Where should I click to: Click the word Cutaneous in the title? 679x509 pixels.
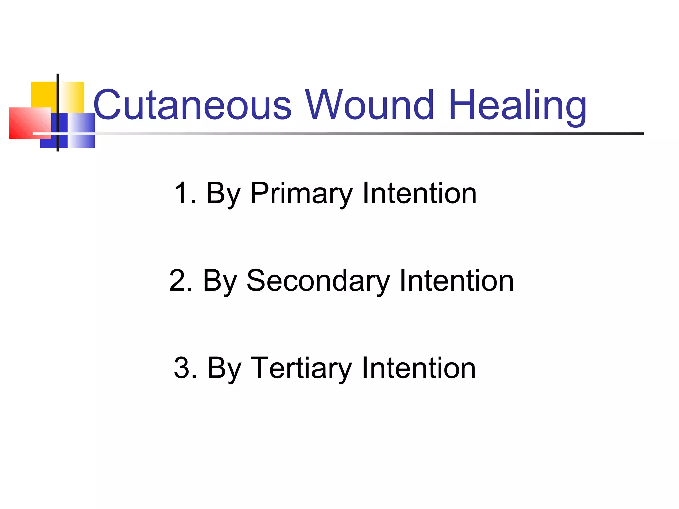click(x=192, y=105)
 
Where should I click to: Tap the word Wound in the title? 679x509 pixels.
click(x=369, y=105)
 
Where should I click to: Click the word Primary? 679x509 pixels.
click(x=301, y=194)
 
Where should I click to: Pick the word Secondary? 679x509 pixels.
click(x=318, y=281)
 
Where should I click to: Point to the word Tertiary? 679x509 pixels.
click(x=301, y=368)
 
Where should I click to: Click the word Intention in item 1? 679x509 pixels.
click(x=419, y=194)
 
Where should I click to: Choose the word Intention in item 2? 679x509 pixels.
click(x=457, y=281)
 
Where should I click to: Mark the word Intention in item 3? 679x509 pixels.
click(x=419, y=368)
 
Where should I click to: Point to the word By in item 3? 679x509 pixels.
click(x=224, y=369)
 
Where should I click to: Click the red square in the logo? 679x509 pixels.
click(x=27, y=123)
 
